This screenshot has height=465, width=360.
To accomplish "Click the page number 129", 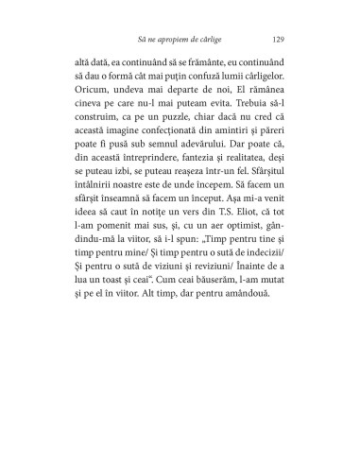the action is (277, 40).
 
